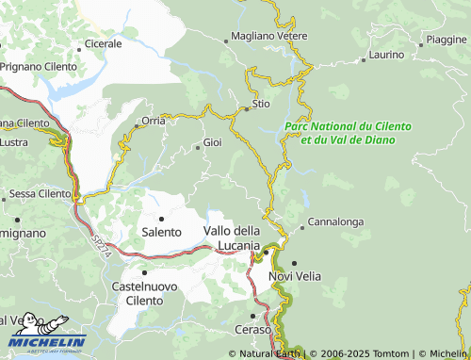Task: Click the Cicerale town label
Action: (104, 43)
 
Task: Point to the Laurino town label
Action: (386, 55)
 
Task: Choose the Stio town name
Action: (262, 105)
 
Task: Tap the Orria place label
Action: (153, 121)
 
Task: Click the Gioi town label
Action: (213, 144)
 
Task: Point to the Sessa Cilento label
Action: (40, 193)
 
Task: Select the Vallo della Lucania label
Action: (232, 237)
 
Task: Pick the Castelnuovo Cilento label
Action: (144, 291)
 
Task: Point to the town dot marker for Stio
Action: (247, 108)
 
